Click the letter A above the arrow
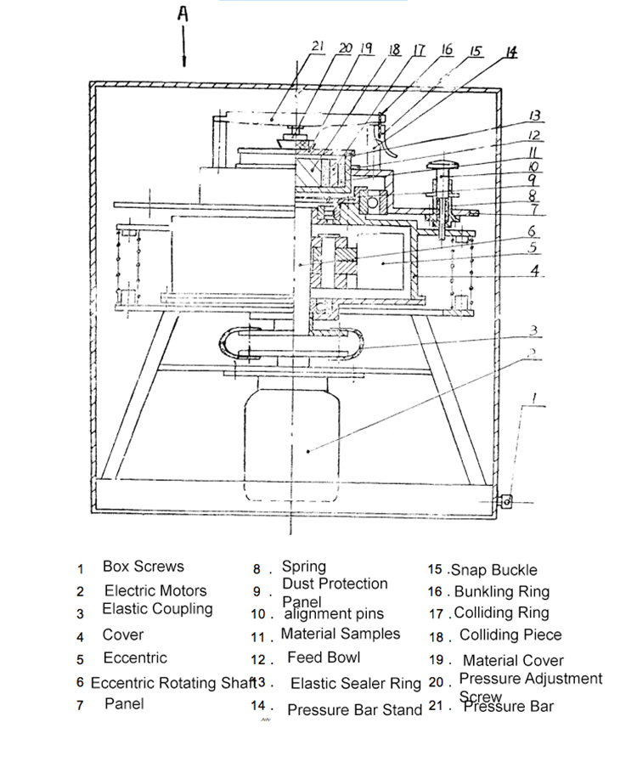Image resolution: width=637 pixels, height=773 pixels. (x=183, y=14)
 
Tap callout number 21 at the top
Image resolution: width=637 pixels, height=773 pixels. (x=318, y=47)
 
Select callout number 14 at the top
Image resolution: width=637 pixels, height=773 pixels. (x=511, y=52)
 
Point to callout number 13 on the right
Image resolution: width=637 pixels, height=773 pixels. (x=535, y=116)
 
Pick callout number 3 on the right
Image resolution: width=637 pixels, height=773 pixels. (x=533, y=330)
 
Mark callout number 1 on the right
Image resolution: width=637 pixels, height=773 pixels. (x=534, y=397)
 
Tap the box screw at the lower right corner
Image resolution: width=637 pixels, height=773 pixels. (x=507, y=501)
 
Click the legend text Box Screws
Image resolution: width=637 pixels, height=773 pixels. (x=143, y=567)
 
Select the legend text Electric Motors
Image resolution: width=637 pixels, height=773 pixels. (x=155, y=590)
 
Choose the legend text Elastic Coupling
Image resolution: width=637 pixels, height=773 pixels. (x=157, y=609)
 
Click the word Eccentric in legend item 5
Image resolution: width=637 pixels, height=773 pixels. (x=135, y=658)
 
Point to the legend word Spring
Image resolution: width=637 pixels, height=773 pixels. (x=303, y=567)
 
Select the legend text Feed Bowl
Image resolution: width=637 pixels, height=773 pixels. (x=324, y=657)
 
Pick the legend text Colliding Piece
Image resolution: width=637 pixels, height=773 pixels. (x=510, y=635)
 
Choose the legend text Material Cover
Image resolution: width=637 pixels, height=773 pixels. (x=513, y=660)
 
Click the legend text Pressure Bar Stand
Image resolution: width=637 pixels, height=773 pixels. (x=354, y=709)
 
